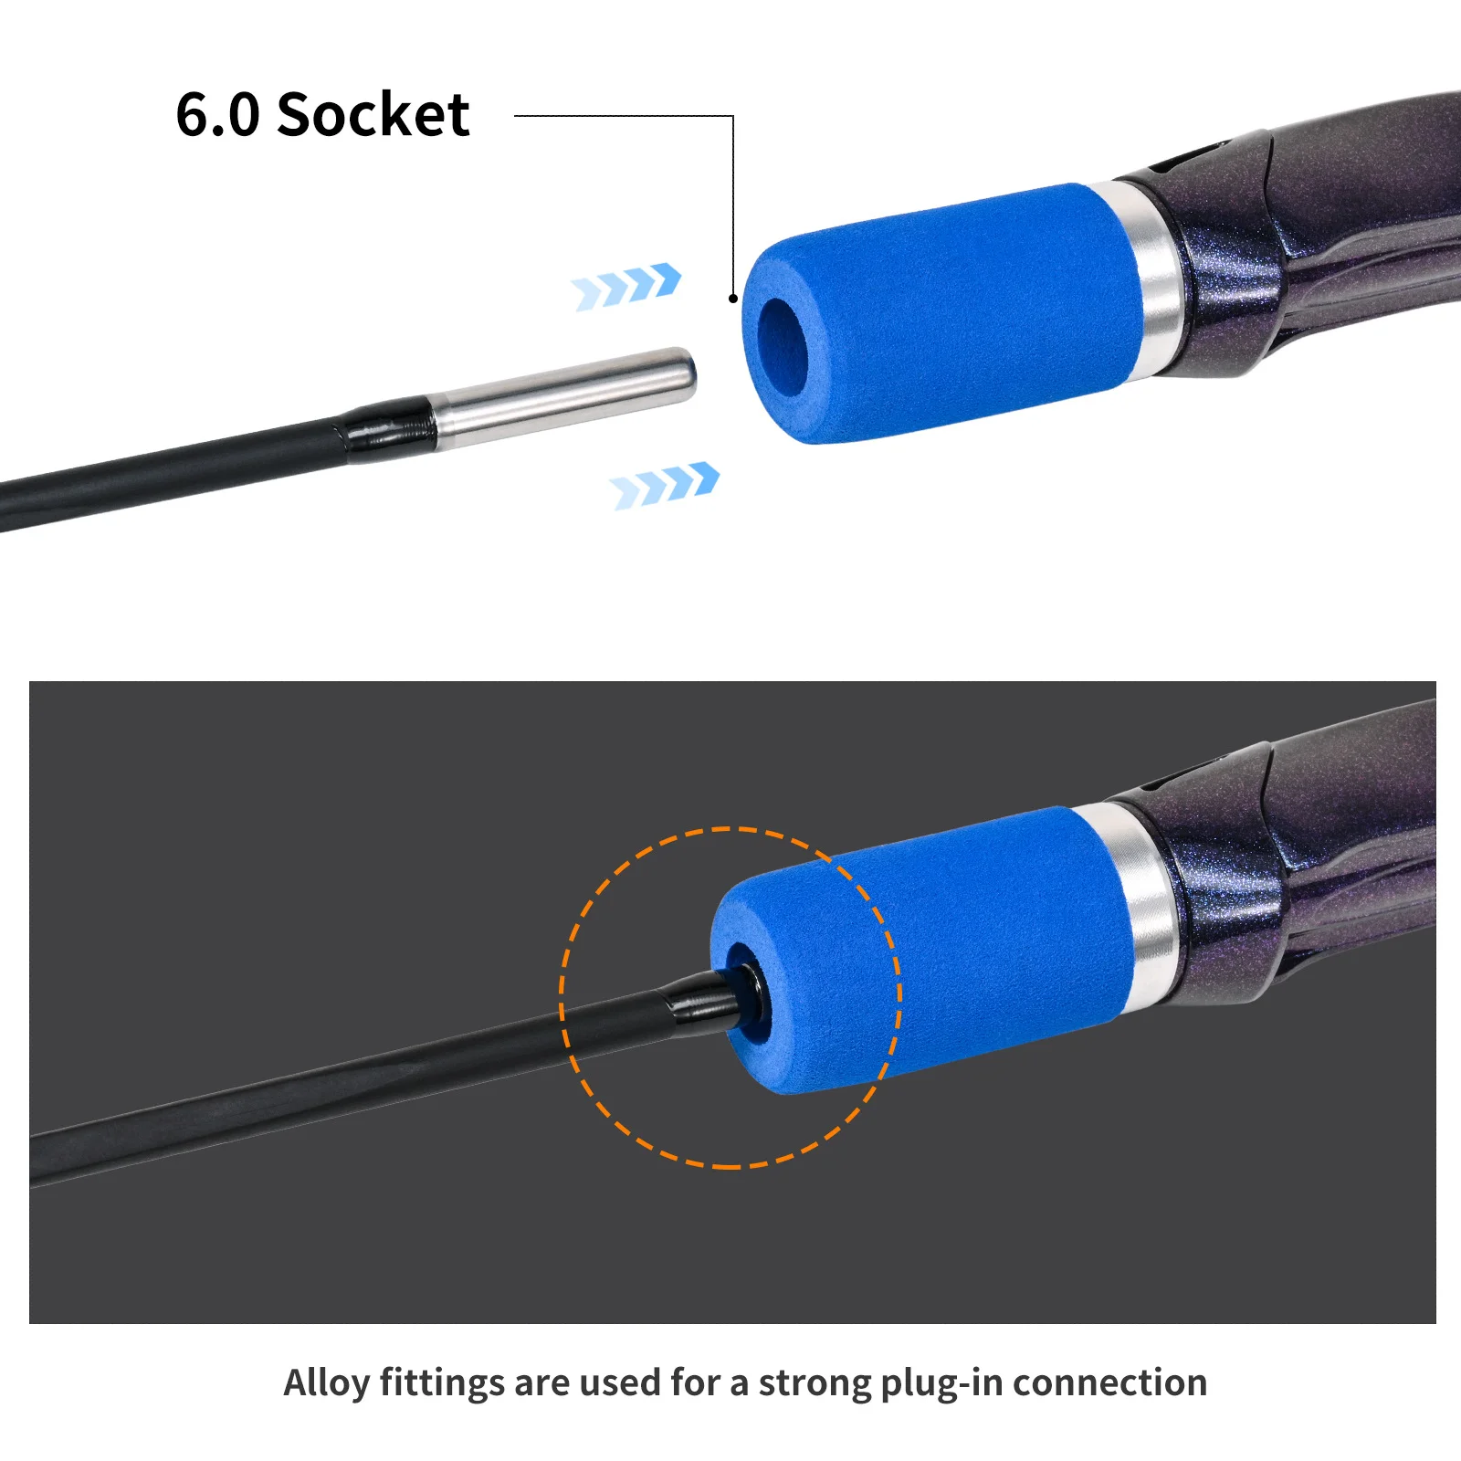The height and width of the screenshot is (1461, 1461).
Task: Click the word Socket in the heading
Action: coord(373,115)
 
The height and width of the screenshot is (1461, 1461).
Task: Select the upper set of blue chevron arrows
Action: coord(626,286)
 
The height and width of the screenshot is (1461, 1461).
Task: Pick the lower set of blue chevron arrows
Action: coord(665,485)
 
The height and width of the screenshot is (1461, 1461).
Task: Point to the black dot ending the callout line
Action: coord(732,299)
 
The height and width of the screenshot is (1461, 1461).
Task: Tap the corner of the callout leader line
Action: coord(733,116)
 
